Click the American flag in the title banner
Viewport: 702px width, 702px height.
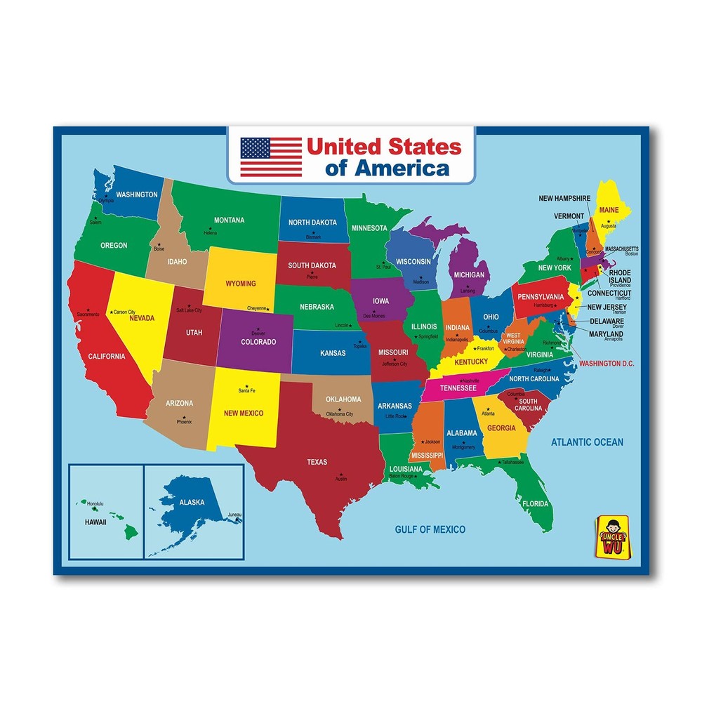pyautogui.click(x=271, y=157)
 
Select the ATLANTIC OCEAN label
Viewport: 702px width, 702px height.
pyautogui.click(x=587, y=442)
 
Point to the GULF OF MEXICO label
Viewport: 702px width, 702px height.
pyautogui.click(x=430, y=529)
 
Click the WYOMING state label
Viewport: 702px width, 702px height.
pyautogui.click(x=241, y=284)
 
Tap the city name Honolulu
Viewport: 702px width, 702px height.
pyautogui.click(x=95, y=503)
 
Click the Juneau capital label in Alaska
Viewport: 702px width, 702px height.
pyautogui.click(x=234, y=515)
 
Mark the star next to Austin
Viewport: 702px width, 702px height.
pyautogui.click(x=340, y=472)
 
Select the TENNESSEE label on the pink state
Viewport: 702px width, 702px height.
pyautogui.click(x=458, y=388)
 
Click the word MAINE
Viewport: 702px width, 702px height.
pyautogui.click(x=609, y=209)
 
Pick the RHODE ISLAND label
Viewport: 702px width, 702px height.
pyautogui.click(x=620, y=276)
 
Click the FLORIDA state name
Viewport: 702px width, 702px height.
pyautogui.click(x=535, y=503)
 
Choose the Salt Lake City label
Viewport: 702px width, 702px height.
pyautogui.click(x=189, y=310)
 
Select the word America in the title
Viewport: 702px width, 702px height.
pyautogui.click(x=402, y=168)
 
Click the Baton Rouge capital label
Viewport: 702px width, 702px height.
pyautogui.click(x=403, y=477)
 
